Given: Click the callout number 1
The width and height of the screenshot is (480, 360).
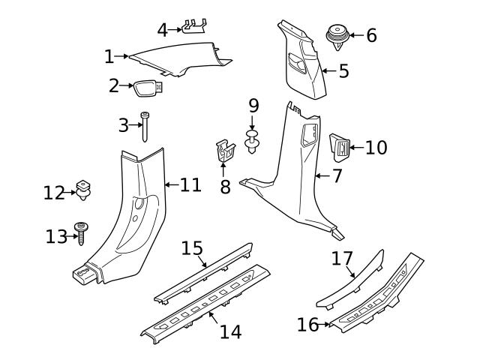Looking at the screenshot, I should (109, 56).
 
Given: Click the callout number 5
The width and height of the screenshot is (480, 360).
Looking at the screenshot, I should (343, 72).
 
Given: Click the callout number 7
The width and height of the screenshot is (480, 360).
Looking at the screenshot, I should (337, 177).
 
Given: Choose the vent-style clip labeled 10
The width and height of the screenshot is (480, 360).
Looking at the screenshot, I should (340, 147).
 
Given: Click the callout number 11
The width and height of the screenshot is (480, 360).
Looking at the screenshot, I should (190, 184).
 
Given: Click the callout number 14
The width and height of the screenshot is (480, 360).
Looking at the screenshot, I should (231, 331).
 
